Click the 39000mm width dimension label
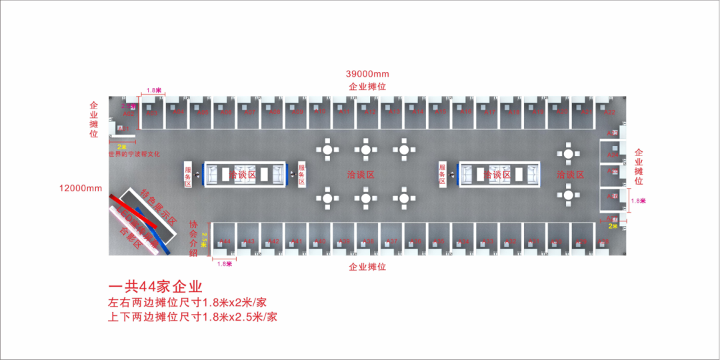click(x=367, y=73)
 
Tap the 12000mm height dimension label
click(x=80, y=188)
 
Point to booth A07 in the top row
click(x=250, y=112)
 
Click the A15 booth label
click(x=440, y=112)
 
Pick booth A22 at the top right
click(x=609, y=112)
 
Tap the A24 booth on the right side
click(x=613, y=155)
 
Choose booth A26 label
click(x=613, y=197)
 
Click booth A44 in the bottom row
click(x=225, y=241)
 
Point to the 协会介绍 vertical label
click(x=194, y=239)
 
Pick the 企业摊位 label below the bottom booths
click(x=367, y=267)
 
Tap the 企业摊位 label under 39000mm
click(x=367, y=87)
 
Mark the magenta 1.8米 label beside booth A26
click(x=638, y=201)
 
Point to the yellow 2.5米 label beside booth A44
click(x=205, y=239)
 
